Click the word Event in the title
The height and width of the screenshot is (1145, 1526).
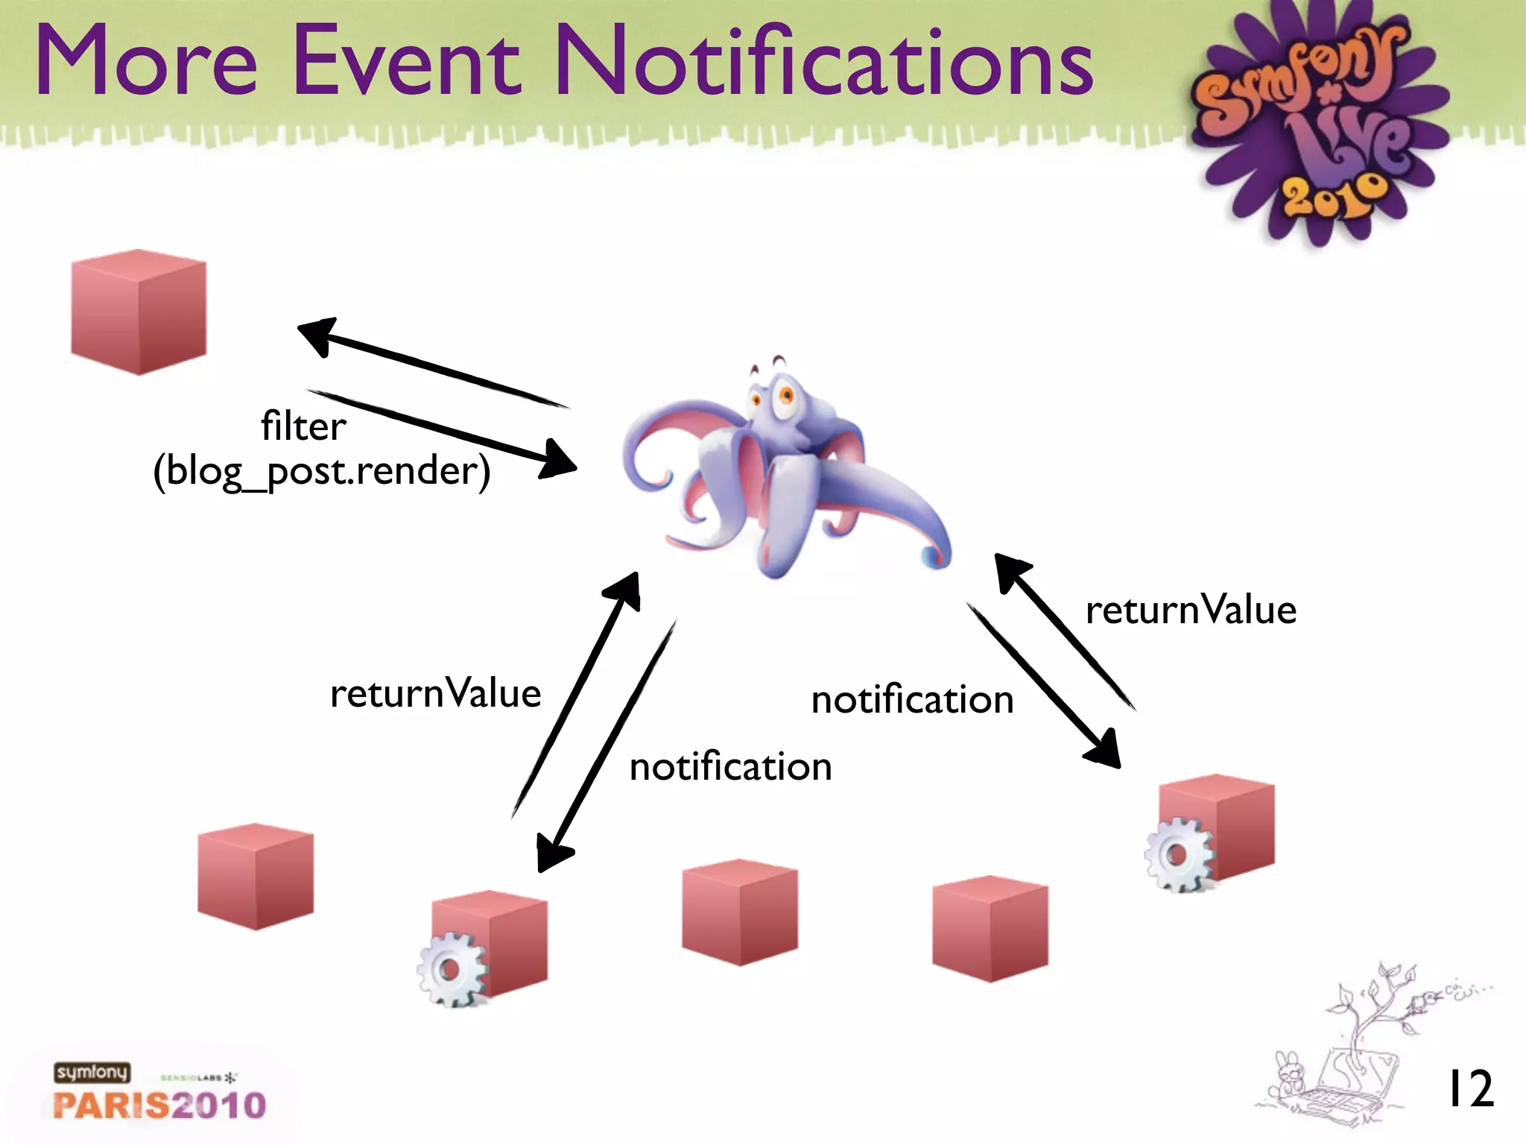click(406, 61)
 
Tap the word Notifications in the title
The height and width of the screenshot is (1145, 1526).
click(824, 61)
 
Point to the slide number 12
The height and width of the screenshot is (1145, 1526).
click(1469, 1089)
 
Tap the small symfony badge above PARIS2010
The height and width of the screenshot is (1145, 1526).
click(92, 1073)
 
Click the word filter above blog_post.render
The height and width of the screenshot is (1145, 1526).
click(303, 426)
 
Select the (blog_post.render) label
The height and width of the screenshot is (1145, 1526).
click(322, 471)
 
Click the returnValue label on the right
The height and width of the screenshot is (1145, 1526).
click(1191, 610)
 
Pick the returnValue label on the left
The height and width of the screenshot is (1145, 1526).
click(435, 693)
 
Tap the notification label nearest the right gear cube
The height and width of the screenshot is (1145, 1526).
click(912, 700)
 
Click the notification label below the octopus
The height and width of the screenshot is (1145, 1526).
click(730, 767)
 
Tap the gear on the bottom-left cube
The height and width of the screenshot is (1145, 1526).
click(451, 970)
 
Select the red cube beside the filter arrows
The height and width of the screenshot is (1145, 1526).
click(139, 312)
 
